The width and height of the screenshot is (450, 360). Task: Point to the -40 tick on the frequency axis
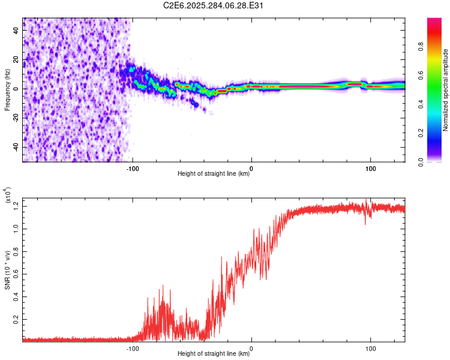click(16, 147)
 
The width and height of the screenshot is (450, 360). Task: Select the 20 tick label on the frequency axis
click(17, 60)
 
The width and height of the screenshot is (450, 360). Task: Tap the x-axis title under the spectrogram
click(214, 175)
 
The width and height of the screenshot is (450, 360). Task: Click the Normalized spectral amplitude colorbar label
click(446, 90)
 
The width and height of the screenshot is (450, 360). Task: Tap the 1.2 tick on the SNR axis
click(16, 206)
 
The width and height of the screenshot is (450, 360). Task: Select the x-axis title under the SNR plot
click(214, 355)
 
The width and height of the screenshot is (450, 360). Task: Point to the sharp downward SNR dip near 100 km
click(366, 223)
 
